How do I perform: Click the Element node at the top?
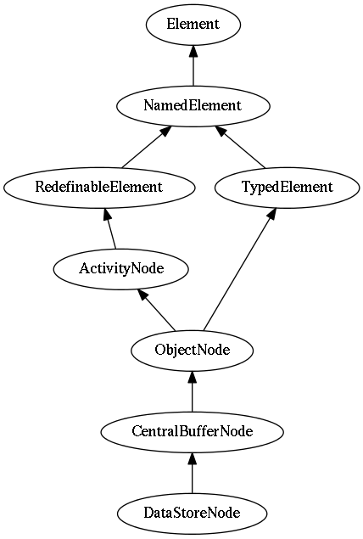(x=193, y=25)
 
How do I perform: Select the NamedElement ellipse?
(x=193, y=106)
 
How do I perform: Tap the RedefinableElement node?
(x=99, y=188)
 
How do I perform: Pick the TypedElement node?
(x=288, y=188)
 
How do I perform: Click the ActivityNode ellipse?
(x=121, y=269)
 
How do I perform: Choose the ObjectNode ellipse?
(x=193, y=351)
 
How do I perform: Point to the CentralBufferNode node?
(x=193, y=432)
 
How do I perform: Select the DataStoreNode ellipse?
(x=193, y=514)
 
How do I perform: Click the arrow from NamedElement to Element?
(x=193, y=65)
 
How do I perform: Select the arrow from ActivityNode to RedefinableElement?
(x=110, y=228)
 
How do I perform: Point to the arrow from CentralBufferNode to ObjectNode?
(x=193, y=391)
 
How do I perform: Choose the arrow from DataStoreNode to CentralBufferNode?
(x=193, y=473)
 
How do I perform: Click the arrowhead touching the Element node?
(x=193, y=51)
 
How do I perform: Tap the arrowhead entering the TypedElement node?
(x=271, y=213)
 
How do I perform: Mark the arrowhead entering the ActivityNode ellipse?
(x=142, y=295)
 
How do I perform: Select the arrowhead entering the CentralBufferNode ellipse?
(x=193, y=458)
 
